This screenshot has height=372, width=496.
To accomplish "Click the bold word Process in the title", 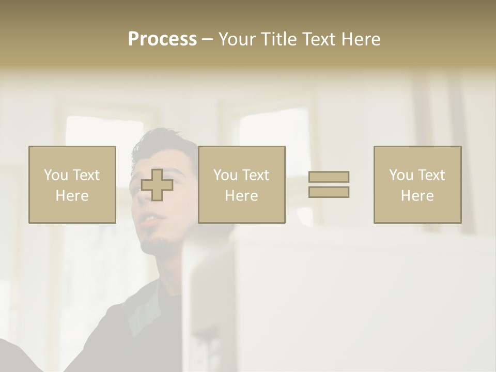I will pyautogui.click(x=162, y=39).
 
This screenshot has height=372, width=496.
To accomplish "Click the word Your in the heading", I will pyautogui.click(x=237, y=39).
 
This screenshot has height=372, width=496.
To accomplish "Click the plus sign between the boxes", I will pyautogui.click(x=157, y=185).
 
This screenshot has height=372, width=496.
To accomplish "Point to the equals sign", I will pyautogui.click(x=329, y=184).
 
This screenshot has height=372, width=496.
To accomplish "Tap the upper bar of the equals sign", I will pyautogui.click(x=329, y=177).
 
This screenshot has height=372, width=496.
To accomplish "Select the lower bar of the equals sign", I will pyautogui.click(x=329, y=192).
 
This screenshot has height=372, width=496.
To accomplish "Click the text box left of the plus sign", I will pyautogui.click(x=72, y=184).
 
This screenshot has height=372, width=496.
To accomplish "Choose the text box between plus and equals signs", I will pyautogui.click(x=241, y=184).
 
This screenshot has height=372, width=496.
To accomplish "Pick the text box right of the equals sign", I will pyautogui.click(x=417, y=184).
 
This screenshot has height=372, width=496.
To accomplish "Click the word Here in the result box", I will pyautogui.click(x=417, y=195).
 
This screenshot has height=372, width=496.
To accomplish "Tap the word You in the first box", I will pyautogui.click(x=56, y=175).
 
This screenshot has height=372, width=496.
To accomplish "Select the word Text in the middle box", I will pyautogui.click(x=255, y=175).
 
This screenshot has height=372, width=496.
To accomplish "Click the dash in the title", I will pyautogui.click(x=207, y=40).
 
